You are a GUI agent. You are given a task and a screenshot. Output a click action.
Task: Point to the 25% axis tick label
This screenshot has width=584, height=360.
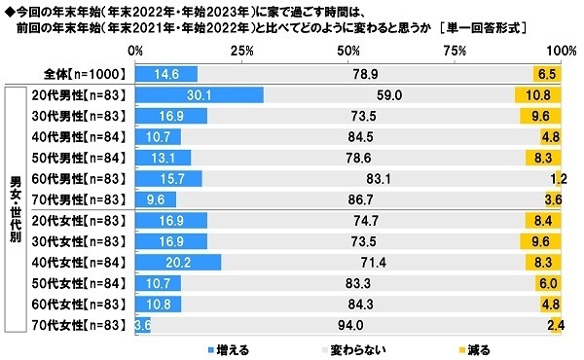tap(242, 50)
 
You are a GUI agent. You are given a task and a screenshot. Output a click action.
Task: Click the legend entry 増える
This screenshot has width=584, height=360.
tap(232, 348)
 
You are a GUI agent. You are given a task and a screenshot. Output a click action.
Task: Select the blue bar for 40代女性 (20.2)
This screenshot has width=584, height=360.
tap(179, 263)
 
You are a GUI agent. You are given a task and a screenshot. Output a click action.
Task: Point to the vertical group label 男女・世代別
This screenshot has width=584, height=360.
tap(16, 209)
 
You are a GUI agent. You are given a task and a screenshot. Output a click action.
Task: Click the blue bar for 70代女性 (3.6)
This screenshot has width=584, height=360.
tap(143, 326)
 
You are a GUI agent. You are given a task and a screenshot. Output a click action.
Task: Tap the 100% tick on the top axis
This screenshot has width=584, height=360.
tap(562, 50)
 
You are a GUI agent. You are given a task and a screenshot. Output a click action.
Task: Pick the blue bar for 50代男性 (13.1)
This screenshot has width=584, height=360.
tap(164, 158)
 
